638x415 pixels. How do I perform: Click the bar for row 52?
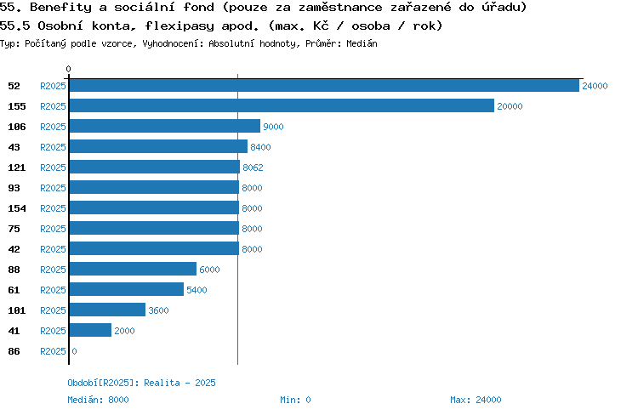click(x=324, y=85)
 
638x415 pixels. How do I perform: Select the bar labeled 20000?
click(x=282, y=105)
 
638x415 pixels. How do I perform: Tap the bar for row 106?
click(x=165, y=126)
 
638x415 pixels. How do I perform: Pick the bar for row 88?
click(x=133, y=269)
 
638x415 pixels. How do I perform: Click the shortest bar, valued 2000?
click(x=90, y=330)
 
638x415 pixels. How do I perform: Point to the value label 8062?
click(x=253, y=168)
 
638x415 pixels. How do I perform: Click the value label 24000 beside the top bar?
click(x=595, y=86)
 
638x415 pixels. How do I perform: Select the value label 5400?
click(x=197, y=290)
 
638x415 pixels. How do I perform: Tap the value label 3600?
click(x=158, y=310)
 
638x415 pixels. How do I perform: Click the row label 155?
click(x=17, y=106)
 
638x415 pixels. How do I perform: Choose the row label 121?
click(x=17, y=168)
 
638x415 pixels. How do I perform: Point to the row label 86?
click(x=14, y=351)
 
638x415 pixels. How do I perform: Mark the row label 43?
click(x=14, y=147)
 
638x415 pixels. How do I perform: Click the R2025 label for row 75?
click(x=53, y=229)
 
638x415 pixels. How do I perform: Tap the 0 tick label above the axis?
click(x=68, y=69)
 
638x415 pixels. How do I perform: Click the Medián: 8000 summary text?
click(x=98, y=400)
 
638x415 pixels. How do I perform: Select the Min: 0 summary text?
click(x=295, y=400)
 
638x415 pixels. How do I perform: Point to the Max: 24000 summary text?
click(x=476, y=400)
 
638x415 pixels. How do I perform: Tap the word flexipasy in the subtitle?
click(x=179, y=26)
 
